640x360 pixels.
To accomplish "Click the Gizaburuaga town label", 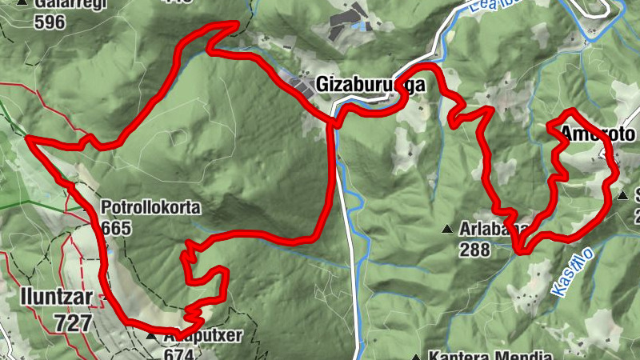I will pyautogui.click(x=369, y=84).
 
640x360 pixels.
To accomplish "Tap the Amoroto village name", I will pyautogui.click(x=598, y=134).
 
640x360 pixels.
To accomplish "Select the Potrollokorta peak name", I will pyautogui.click(x=150, y=209).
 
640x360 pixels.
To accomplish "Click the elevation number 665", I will pyautogui.click(x=117, y=227).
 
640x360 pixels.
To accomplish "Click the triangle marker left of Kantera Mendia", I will pyautogui.click(x=416, y=357).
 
